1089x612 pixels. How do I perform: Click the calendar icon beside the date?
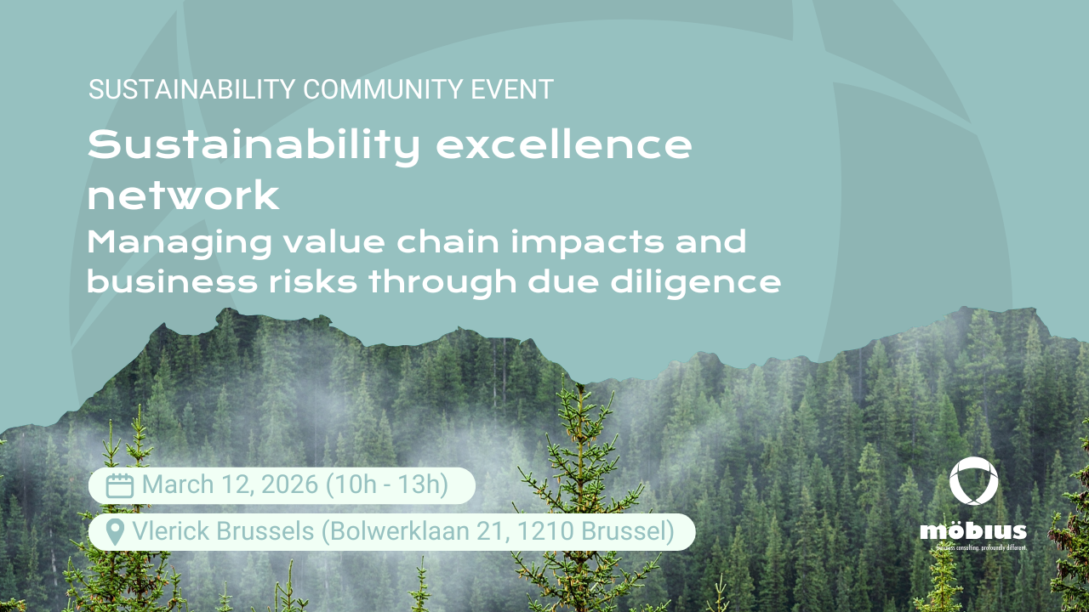[120, 485]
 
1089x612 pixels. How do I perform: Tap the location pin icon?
[115, 532]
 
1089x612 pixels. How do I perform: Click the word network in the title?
[183, 196]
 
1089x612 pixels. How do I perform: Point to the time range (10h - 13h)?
[387, 484]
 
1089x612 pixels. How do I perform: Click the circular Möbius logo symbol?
[973, 482]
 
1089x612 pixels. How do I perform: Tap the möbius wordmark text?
[973, 532]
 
